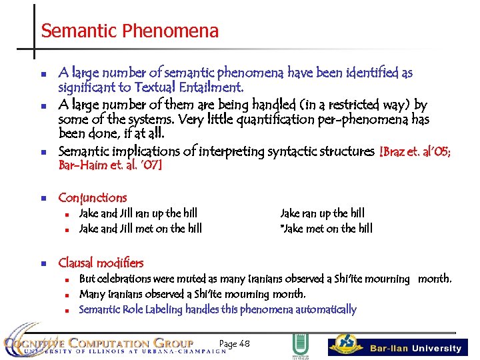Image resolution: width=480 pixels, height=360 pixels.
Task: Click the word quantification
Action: pyautogui.click(x=267, y=120)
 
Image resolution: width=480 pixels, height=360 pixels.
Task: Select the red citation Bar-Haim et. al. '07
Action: pyautogui.click(x=110, y=165)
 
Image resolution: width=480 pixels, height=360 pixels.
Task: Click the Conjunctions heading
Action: pyautogui.click(x=92, y=197)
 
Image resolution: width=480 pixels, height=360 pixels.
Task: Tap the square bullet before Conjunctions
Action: pyautogui.click(x=41, y=198)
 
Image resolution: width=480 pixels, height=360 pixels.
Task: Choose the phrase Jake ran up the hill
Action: pyautogui.click(x=323, y=213)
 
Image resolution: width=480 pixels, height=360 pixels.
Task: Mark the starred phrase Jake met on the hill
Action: pyautogui.click(x=327, y=229)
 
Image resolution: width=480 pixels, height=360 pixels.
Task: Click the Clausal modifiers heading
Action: pyautogui.click(x=101, y=263)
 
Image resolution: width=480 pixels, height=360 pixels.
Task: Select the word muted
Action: pyautogui.click(x=195, y=279)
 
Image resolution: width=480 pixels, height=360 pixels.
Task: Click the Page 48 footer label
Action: pyautogui.click(x=234, y=343)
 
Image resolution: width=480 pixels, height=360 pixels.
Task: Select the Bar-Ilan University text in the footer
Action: pyautogui.click(x=415, y=348)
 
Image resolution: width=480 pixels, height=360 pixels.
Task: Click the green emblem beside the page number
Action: pyautogui.click(x=299, y=346)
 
